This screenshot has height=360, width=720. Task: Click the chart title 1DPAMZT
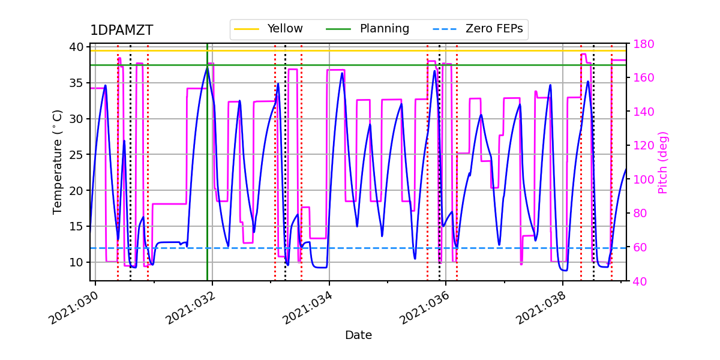click(x=121, y=31)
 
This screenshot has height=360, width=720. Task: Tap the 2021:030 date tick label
click(x=74, y=308)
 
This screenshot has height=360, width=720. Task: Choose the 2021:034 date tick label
click(x=308, y=308)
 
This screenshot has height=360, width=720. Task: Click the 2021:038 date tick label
click(x=541, y=308)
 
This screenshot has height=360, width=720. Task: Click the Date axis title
click(x=358, y=335)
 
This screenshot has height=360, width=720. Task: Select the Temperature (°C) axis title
click(x=58, y=162)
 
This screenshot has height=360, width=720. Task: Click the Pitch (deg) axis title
click(x=663, y=162)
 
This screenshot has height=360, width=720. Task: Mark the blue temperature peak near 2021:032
click(x=207, y=67)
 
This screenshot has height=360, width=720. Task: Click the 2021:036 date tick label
click(x=424, y=308)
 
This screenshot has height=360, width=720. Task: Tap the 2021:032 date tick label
click(x=191, y=308)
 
